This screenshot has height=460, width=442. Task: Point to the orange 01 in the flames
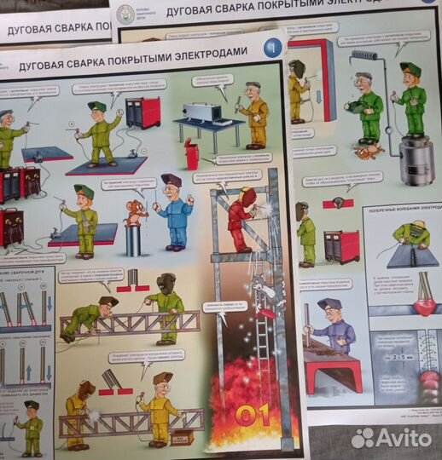click(x=253, y=415)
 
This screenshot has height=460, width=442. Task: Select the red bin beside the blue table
click(x=191, y=155)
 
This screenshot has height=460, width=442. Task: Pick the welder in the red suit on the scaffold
click(x=241, y=218)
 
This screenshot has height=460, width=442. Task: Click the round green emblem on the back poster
click(x=126, y=12)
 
